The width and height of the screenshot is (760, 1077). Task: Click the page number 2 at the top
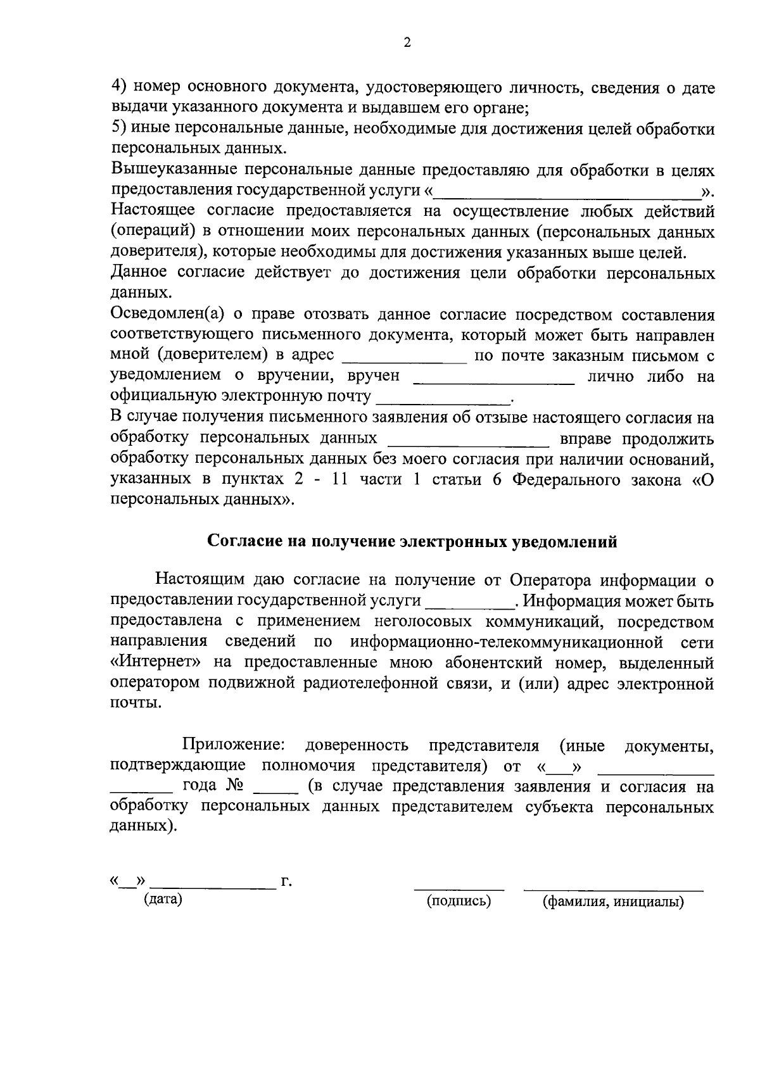[407, 42]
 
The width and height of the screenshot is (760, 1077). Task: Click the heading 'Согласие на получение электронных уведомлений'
[412, 543]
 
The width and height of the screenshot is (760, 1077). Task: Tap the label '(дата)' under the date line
[163, 900]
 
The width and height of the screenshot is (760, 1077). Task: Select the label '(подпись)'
[459, 901]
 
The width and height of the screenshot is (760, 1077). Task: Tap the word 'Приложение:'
[235, 746]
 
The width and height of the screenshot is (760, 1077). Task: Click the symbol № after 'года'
[234, 787]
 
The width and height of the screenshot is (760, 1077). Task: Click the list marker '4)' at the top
[120, 87]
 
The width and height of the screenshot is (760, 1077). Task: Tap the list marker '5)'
[120, 129]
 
